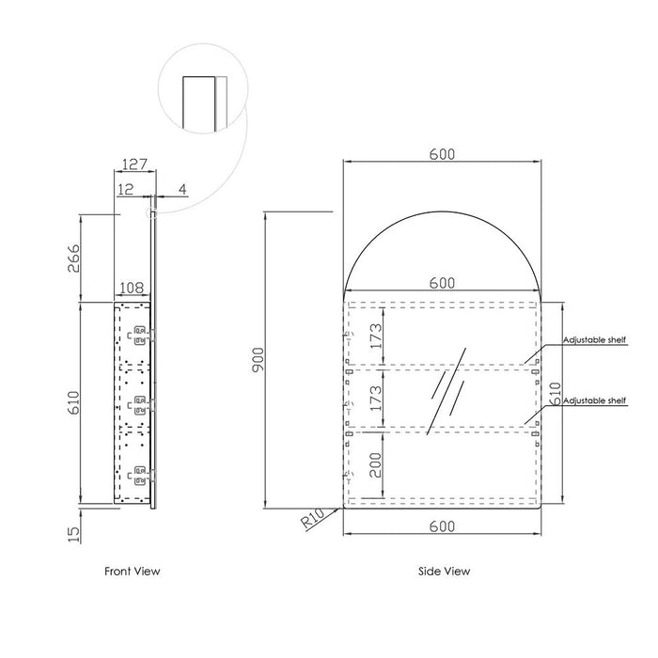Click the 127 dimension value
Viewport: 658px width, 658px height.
point(134,164)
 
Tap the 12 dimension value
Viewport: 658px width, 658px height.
point(125,189)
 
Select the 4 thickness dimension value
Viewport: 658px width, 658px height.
point(182,189)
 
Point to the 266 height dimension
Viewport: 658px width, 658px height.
point(73,258)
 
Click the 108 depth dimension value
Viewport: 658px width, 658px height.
point(132,288)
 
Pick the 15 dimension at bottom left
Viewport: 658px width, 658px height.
point(73,534)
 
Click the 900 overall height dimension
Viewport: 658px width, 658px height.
point(258,359)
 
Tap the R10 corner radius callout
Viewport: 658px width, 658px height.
point(313,518)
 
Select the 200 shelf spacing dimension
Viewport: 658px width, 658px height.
point(376,465)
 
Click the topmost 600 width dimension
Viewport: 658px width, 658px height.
point(442,154)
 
